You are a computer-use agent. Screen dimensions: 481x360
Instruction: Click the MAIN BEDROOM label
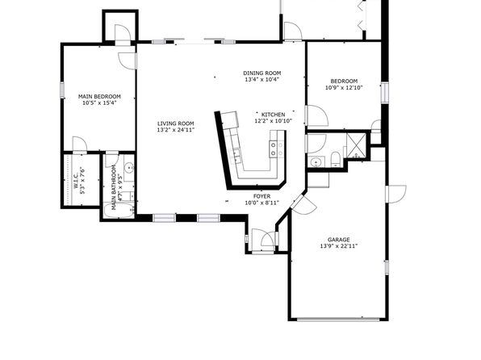99,96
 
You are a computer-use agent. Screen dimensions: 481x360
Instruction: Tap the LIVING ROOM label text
176,123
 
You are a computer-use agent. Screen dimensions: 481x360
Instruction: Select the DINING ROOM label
262,73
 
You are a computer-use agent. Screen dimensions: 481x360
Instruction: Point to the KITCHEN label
273,115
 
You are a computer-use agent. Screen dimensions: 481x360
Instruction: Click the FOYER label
262,196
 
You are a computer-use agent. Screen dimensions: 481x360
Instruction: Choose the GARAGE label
339,240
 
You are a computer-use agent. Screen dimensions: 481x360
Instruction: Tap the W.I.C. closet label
76,181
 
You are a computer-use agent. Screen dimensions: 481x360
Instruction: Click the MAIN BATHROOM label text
114,187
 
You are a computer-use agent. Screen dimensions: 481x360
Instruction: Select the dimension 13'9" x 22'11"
339,246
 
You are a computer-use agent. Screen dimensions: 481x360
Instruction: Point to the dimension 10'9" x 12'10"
344,87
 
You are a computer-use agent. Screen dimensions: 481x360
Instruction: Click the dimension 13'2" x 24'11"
176,130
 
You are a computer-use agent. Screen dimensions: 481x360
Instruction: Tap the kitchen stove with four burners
276,149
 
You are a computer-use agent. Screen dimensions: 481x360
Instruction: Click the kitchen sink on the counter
236,155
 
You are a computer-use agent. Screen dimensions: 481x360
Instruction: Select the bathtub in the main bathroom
119,210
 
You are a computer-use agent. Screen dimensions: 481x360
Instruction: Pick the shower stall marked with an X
356,145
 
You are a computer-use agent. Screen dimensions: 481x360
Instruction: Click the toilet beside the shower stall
336,159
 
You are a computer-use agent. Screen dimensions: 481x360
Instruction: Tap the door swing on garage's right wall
396,194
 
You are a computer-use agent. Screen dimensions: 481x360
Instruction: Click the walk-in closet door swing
79,144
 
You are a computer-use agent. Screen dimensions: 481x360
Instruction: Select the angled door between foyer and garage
303,204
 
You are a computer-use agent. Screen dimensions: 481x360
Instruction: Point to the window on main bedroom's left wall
62,90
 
